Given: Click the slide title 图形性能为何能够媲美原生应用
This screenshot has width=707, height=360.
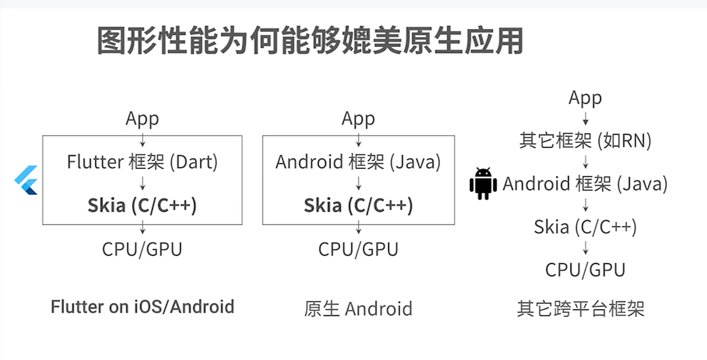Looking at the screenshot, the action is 310,40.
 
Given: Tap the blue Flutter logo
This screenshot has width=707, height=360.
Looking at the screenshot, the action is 27,180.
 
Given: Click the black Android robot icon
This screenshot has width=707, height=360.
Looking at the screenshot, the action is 483,184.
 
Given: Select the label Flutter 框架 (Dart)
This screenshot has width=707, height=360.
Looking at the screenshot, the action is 142,162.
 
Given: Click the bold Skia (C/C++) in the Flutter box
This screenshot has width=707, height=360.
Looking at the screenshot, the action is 142,205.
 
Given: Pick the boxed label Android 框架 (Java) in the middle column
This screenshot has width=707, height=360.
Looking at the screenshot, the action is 358,162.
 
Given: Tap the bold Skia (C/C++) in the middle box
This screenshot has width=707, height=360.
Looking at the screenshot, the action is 358,205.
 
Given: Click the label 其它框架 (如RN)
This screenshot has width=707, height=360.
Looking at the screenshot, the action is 585,140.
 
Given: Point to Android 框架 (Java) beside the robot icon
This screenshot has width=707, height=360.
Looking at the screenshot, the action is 585,184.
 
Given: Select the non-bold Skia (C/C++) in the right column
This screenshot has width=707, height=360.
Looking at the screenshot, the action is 585,227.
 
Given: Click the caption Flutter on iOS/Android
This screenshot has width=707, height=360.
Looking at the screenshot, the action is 142,307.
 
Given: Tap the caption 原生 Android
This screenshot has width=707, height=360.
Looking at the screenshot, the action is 358,309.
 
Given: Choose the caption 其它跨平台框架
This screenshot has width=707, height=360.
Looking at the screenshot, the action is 580,309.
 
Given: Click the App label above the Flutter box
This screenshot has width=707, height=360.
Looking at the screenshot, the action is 142,119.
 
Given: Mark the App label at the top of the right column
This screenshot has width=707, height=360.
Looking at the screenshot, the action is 585,98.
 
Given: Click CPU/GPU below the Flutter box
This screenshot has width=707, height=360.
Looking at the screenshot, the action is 142,249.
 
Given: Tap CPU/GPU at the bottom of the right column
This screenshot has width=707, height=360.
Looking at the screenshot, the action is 585,270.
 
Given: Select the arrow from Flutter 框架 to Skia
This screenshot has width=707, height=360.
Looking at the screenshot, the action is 143,184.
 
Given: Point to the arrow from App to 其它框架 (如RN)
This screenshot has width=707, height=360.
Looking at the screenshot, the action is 585,119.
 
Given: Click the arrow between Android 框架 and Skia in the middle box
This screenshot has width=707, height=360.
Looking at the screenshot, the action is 358,184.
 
